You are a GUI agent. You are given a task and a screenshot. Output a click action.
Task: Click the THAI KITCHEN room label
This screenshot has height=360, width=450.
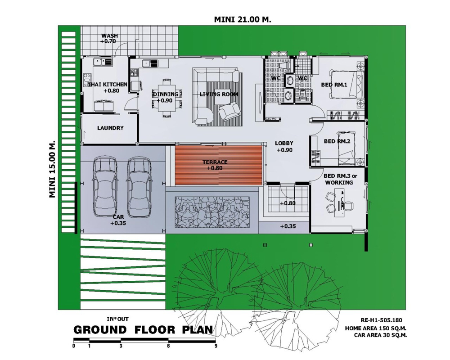pos(108,85)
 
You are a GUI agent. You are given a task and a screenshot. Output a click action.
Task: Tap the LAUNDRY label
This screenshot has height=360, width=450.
pos(110,128)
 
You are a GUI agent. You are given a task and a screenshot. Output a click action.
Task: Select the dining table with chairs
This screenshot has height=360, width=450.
pos(166,98)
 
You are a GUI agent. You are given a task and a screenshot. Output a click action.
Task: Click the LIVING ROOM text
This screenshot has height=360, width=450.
pos(219,94)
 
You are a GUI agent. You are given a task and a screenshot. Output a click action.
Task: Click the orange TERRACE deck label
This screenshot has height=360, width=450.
pos(215,162)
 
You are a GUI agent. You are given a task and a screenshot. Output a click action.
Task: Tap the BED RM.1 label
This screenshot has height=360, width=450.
pos(334,85)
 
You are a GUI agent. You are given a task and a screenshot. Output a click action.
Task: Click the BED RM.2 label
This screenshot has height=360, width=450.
pos(337,141)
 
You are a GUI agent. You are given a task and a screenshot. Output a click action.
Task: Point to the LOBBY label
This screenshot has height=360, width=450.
pos(284,143)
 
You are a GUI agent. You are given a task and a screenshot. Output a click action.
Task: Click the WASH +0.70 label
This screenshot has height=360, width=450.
pos(109,38)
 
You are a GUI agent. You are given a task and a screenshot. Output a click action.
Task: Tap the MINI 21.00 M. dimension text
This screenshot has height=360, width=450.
pos(243,19)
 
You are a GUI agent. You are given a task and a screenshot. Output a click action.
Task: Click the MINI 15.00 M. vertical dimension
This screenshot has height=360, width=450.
pos(52,169)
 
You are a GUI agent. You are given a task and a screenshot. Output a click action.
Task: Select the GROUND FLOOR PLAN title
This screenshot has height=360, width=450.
pos(144,330)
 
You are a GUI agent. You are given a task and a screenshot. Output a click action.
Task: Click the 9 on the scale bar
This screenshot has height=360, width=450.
pos(216,346)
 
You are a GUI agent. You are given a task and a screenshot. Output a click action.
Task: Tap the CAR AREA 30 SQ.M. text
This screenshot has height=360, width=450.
pos(380,335)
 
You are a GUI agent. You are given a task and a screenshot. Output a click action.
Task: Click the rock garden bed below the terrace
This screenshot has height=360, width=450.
pos(212,212)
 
